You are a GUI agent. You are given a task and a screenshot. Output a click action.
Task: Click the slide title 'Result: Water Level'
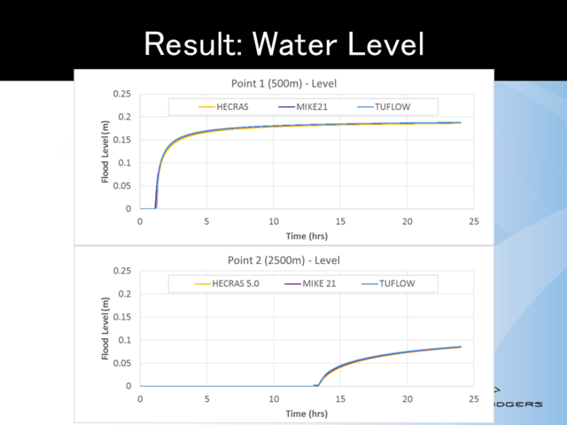283,42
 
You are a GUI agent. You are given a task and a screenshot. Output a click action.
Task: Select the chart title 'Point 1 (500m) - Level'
277,83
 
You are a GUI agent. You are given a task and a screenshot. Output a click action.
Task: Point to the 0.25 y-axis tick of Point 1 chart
121,94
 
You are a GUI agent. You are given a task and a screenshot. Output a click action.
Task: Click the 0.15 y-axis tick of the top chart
121,140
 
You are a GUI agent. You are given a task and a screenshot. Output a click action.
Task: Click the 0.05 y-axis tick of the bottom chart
121,363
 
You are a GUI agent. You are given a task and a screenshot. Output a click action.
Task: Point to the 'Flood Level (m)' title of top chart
105,151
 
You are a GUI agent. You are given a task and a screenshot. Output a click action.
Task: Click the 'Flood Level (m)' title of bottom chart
105,328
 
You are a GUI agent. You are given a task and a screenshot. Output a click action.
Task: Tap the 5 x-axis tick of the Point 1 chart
206,220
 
